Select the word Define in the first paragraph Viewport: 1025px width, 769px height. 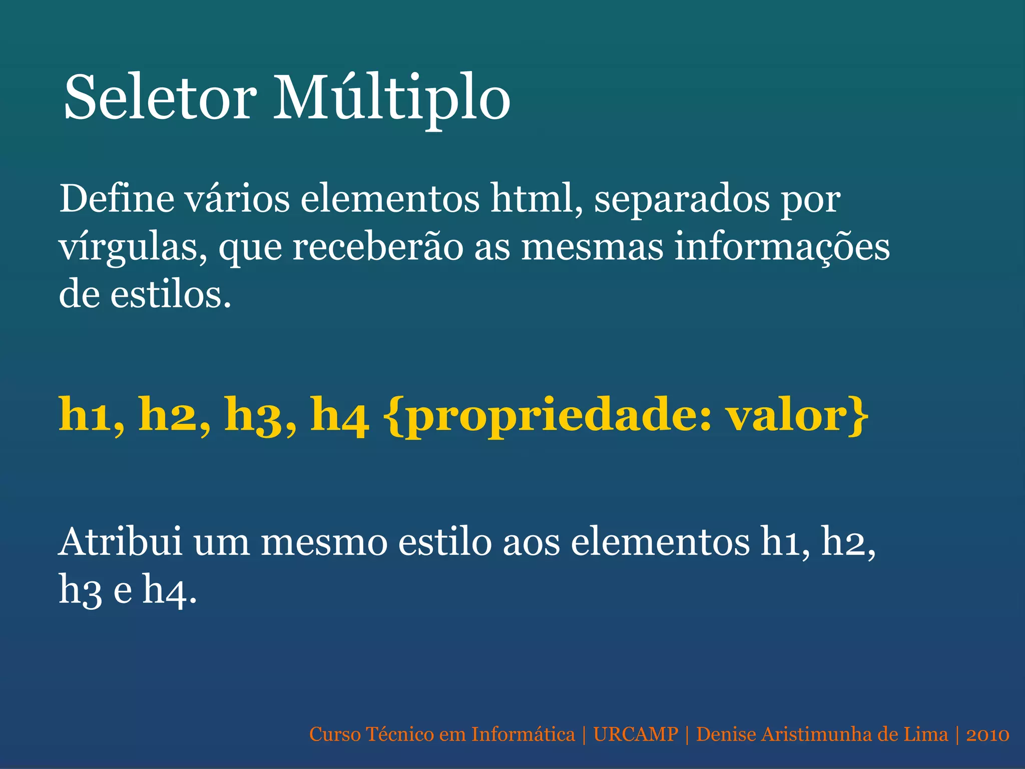tap(117, 199)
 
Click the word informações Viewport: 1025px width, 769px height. tap(782, 248)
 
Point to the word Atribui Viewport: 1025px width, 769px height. tap(120, 542)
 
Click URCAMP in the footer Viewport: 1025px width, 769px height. tap(636, 734)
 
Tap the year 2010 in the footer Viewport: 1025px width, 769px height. tap(987, 734)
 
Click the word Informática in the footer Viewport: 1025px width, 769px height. tap(523, 734)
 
